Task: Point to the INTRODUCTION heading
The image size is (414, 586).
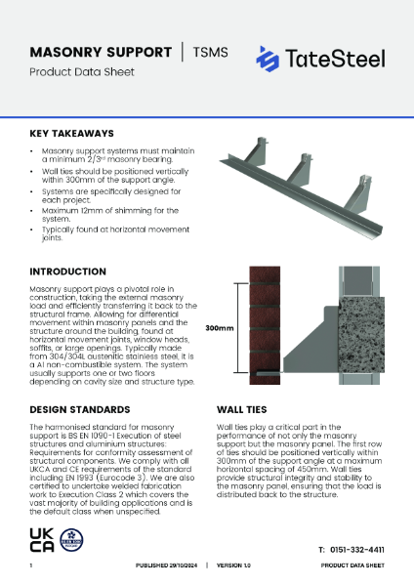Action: click(x=67, y=271)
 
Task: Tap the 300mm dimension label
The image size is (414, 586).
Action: click(x=219, y=329)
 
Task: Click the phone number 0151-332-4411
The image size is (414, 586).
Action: click(x=358, y=550)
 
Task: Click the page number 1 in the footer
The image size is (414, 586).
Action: click(x=31, y=566)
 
